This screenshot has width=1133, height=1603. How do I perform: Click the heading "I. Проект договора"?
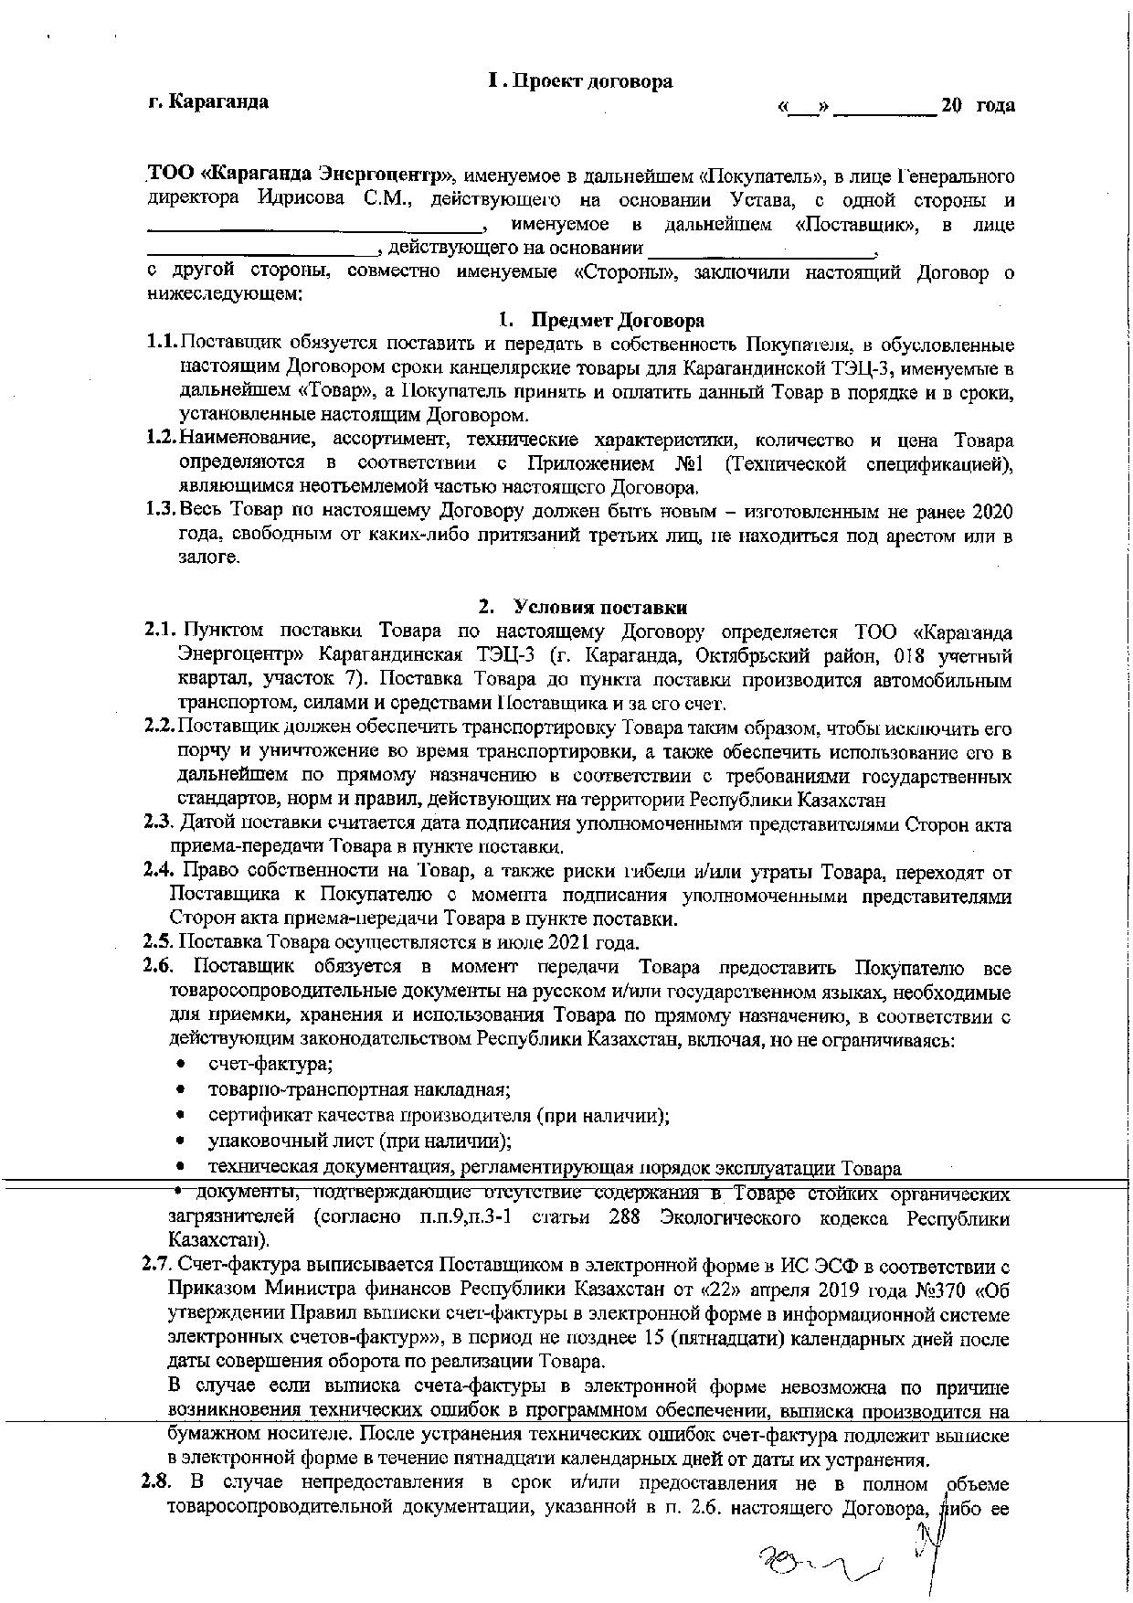pos(581,81)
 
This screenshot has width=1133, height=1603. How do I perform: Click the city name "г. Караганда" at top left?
pos(208,101)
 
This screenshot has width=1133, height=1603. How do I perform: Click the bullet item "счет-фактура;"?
pos(270,1065)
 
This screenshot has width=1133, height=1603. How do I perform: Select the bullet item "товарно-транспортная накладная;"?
pos(358,1089)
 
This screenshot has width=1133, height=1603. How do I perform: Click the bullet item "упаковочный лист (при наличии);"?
pos(358,1141)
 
